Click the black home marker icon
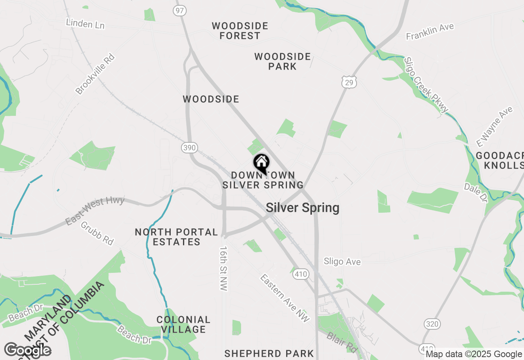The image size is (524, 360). click(261, 163)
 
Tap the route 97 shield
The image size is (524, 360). click(179, 10)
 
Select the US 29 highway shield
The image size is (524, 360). click(350, 82)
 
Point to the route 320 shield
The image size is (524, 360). click(432, 324)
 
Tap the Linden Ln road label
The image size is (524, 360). click(85, 24)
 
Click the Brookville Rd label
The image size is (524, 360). click(95, 74)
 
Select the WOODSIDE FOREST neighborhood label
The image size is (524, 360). click(240, 31)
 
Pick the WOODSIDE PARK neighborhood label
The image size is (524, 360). click(282, 61)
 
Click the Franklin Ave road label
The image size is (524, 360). click(430, 32)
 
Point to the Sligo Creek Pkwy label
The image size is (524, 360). click(426, 85)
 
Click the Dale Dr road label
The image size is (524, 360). click(476, 192)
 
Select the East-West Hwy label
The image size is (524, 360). click(95, 210)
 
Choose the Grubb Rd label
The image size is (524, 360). click(97, 233)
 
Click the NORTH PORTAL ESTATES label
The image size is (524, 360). click(176, 237)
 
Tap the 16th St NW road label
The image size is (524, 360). click(224, 268)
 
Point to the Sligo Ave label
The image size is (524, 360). click(342, 261)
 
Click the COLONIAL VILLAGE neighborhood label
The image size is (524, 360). click(183, 324)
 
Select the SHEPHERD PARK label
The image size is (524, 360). click(269, 353)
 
